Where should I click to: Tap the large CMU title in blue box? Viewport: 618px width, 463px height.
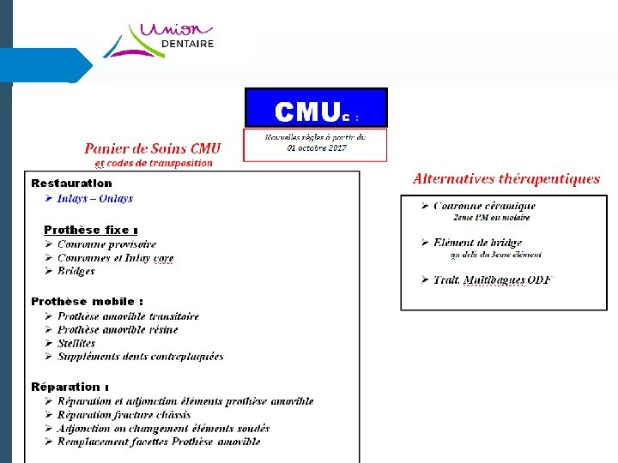click(x=307, y=111)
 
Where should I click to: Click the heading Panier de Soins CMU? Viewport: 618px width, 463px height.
click(x=152, y=147)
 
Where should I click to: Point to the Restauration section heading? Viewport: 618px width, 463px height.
click(x=71, y=183)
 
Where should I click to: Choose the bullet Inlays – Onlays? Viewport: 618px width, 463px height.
click(x=95, y=199)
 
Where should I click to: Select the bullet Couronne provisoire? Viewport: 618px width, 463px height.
click(x=106, y=244)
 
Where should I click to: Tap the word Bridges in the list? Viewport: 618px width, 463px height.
click(x=76, y=271)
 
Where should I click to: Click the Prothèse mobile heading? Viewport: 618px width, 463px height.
click(x=87, y=301)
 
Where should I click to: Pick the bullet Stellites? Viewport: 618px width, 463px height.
click(x=76, y=343)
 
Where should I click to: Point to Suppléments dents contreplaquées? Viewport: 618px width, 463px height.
click(x=140, y=357)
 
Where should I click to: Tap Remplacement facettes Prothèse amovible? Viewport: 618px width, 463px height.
click(x=159, y=442)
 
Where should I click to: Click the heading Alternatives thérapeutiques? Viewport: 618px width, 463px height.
click(x=506, y=179)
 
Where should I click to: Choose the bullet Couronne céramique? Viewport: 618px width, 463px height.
click(x=484, y=206)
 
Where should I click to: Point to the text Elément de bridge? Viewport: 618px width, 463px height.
click(x=477, y=243)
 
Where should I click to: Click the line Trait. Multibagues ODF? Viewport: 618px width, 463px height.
click(x=492, y=280)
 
